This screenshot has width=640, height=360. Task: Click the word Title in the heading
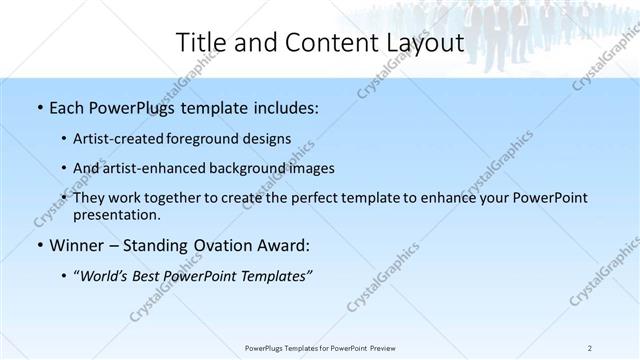(200, 43)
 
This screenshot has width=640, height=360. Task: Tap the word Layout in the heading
(423, 43)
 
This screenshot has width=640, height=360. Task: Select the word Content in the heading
(323, 43)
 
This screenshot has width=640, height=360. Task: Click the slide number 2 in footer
(590, 347)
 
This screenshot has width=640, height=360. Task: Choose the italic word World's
(101, 276)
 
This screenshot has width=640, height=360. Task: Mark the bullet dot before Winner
(38, 245)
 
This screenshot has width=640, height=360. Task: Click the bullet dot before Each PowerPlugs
(38, 106)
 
